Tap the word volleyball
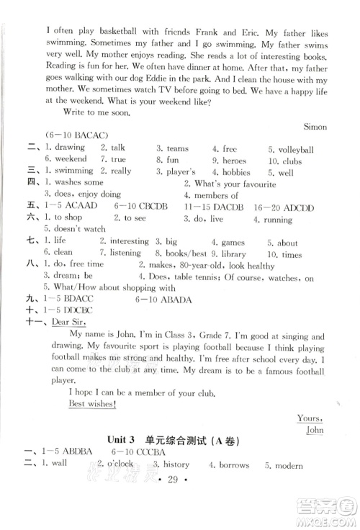pyautogui.click(x=294, y=148)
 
